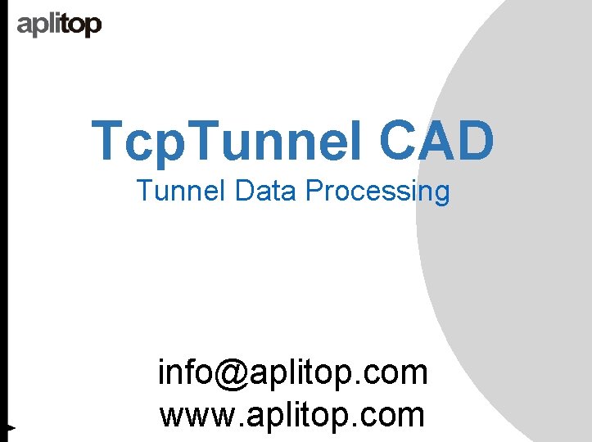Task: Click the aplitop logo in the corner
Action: [x=59, y=25]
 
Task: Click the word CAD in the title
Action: [x=436, y=140]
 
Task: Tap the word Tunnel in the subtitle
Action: [x=182, y=192]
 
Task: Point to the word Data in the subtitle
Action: [x=267, y=192]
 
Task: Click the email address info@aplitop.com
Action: [x=292, y=373]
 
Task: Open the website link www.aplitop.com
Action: [x=292, y=415]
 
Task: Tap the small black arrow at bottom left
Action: [x=9, y=426]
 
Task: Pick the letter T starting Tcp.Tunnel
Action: [x=108, y=140]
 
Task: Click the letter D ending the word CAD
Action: [x=477, y=140]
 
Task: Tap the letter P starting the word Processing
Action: [x=315, y=192]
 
